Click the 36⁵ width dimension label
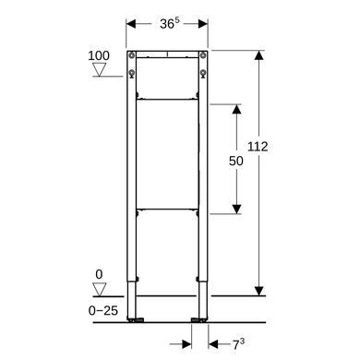tap(170, 23)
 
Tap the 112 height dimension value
tap(258, 147)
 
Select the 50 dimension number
tap(236, 161)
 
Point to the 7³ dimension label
tap(238, 344)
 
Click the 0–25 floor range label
tap(103, 311)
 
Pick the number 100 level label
tap(99, 56)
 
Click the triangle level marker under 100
tap(100, 69)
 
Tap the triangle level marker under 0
tap(100, 290)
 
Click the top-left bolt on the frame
tap(132, 55)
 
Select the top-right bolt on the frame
tap(203, 55)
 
